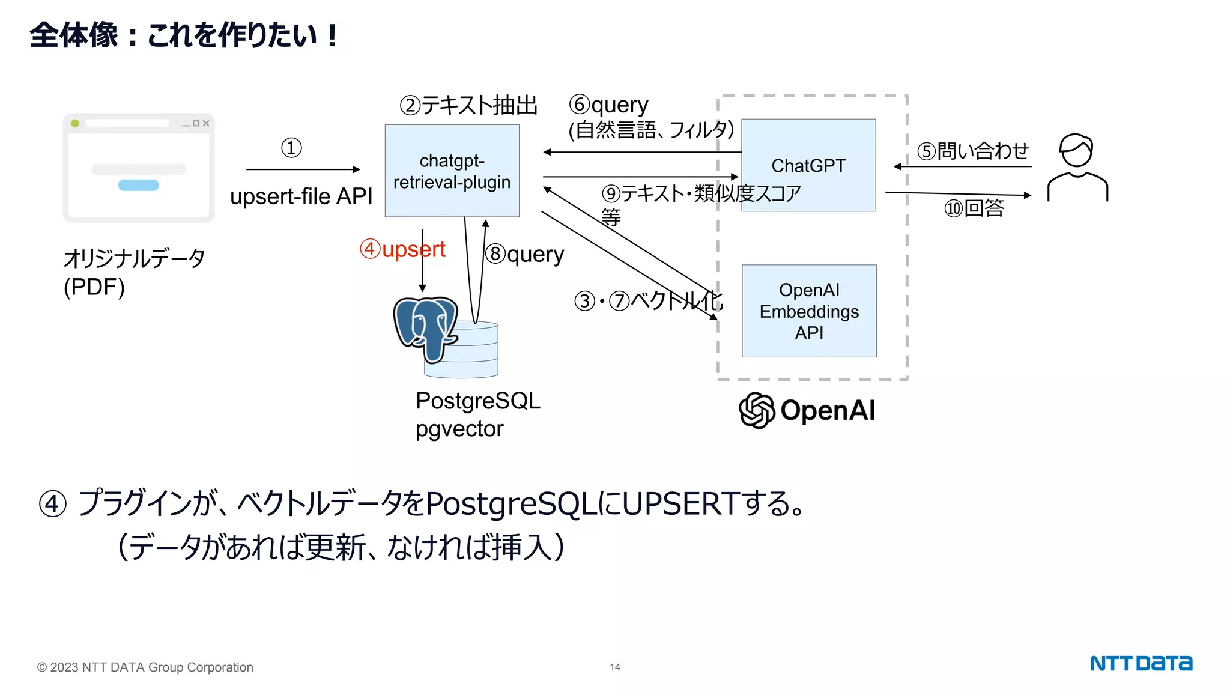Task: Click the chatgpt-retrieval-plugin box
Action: click(x=452, y=171)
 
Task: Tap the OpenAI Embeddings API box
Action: click(x=808, y=311)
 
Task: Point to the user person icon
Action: click(x=1077, y=168)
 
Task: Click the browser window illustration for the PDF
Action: click(x=138, y=168)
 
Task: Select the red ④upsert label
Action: click(x=402, y=249)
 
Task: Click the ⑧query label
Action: click(x=524, y=254)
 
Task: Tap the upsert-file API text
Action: click(x=301, y=196)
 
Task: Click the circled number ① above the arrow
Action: click(x=291, y=148)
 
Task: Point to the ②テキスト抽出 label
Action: click(x=468, y=105)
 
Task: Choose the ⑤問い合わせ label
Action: click(x=973, y=151)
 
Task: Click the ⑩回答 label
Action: click(x=974, y=208)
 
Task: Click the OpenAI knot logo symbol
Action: click(x=756, y=410)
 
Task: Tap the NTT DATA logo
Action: click(x=1141, y=663)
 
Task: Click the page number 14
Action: click(x=615, y=667)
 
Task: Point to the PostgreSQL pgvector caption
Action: click(x=477, y=414)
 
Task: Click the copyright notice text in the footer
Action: click(x=145, y=667)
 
